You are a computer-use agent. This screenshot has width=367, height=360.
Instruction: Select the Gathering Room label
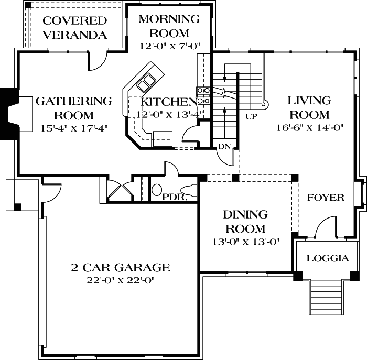(73, 108)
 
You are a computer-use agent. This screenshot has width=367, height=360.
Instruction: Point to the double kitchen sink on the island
(145, 83)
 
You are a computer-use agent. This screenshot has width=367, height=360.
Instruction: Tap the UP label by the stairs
(251, 116)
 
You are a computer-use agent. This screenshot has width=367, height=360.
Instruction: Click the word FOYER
(325, 198)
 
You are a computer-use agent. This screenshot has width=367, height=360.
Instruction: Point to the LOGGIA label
(327, 258)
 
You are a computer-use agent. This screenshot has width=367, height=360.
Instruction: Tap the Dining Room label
(245, 222)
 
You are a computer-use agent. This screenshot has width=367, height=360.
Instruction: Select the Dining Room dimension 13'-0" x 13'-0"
(245, 242)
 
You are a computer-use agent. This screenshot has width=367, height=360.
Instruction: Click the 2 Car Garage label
(121, 268)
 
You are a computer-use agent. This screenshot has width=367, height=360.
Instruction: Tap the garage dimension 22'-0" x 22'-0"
(121, 280)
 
